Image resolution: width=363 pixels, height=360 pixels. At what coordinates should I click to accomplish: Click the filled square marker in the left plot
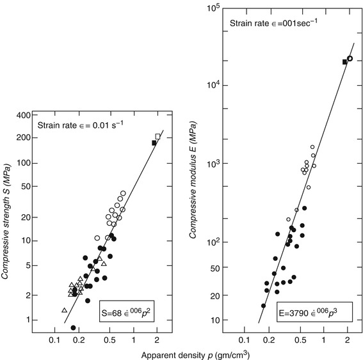point(154,143)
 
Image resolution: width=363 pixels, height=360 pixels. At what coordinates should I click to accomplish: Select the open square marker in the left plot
point(158,136)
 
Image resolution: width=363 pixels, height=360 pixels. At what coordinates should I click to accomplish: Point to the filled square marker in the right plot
point(344,62)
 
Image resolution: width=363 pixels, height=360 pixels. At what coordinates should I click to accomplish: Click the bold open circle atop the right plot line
point(350,58)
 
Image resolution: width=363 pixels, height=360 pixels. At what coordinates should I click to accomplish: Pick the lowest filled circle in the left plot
point(73,327)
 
